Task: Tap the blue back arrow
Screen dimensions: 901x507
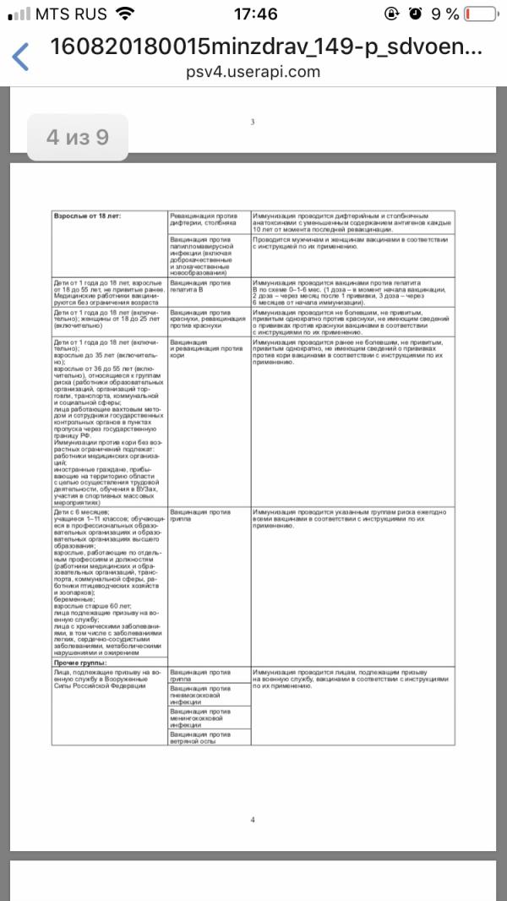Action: (x=20, y=57)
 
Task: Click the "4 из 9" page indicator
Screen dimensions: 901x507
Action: (x=78, y=137)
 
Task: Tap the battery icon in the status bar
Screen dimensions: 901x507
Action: (x=480, y=14)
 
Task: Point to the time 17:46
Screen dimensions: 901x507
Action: (x=253, y=14)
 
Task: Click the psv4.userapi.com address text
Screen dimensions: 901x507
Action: (x=253, y=72)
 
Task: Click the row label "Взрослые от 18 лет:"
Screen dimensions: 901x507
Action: (x=88, y=216)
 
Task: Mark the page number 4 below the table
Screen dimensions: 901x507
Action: (x=253, y=819)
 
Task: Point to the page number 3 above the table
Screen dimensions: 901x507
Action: (x=253, y=123)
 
